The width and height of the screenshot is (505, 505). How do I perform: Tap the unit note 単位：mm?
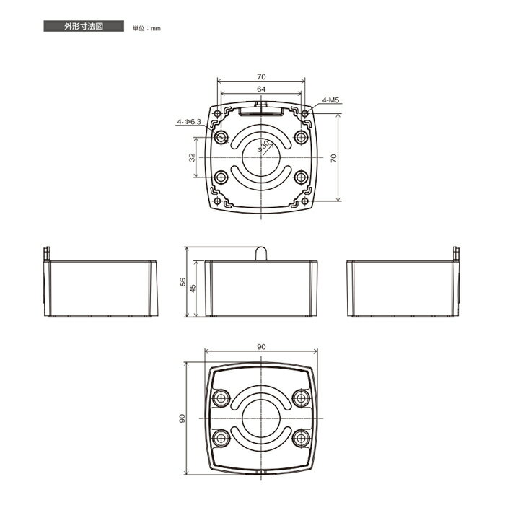[x=146, y=28]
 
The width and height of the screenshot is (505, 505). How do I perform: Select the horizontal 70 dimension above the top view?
[x=261, y=76]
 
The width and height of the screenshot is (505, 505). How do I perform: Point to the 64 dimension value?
[x=261, y=89]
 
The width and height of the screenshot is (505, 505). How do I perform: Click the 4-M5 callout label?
[x=331, y=100]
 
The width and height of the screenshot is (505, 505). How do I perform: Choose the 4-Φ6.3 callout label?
[x=188, y=123]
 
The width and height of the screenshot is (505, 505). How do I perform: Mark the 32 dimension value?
[x=193, y=157]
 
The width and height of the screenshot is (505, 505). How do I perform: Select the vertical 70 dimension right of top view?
[x=333, y=159]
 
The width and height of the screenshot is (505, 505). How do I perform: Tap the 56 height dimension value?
[x=183, y=281]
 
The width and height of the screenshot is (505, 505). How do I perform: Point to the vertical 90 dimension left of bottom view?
[x=183, y=418]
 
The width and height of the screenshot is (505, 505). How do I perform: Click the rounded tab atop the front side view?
[x=262, y=253]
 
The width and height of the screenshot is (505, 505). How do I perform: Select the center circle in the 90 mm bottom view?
[x=261, y=418]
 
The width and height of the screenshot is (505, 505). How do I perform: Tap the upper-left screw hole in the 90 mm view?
[x=221, y=398]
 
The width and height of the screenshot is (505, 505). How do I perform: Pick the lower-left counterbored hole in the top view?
[x=221, y=176]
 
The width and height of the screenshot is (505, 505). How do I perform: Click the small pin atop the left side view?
[x=48, y=254]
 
